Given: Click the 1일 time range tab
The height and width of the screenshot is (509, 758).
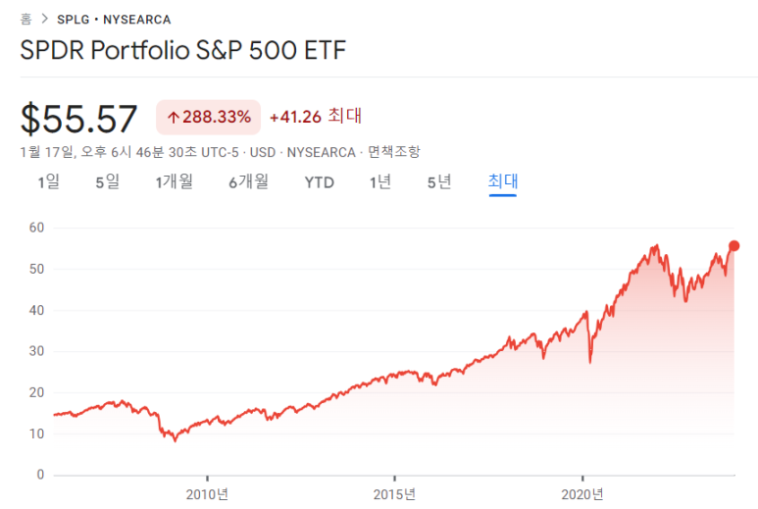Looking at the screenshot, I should pyautogui.click(x=48, y=181).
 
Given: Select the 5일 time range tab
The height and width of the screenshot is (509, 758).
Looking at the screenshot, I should pyautogui.click(x=107, y=181).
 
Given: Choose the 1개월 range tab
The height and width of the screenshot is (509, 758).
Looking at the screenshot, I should pyautogui.click(x=174, y=181).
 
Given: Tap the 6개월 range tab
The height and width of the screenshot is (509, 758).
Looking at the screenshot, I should pyautogui.click(x=248, y=181).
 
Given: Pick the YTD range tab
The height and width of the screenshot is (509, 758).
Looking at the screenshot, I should pyautogui.click(x=319, y=181).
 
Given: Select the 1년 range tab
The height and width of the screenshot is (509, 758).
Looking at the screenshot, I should pyautogui.click(x=380, y=181).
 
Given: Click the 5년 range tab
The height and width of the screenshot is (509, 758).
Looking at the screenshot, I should pyautogui.click(x=439, y=181).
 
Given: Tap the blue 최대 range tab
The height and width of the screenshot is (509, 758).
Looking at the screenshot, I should pyautogui.click(x=503, y=181).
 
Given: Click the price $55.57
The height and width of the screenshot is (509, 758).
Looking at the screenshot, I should pyautogui.click(x=79, y=119).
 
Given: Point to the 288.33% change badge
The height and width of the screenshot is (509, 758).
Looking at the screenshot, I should pyautogui.click(x=208, y=117).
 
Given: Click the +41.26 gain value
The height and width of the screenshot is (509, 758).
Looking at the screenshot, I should pyautogui.click(x=294, y=117).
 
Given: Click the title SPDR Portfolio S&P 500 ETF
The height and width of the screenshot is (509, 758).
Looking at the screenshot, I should pyautogui.click(x=183, y=50).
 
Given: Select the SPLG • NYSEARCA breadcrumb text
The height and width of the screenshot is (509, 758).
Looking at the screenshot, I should pyautogui.click(x=114, y=19).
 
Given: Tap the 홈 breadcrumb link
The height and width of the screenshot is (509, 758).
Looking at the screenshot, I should pyautogui.click(x=26, y=19).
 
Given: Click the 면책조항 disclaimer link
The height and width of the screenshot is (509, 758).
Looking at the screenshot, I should pyautogui.click(x=393, y=151).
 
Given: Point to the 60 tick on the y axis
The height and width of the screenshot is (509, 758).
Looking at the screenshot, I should pyautogui.click(x=37, y=228).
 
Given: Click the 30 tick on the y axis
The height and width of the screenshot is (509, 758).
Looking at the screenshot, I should pyautogui.click(x=37, y=351).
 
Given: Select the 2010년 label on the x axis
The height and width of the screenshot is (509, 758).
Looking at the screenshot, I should pyautogui.click(x=207, y=493).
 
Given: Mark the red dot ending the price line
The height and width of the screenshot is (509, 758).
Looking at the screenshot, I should pyautogui.click(x=733, y=246).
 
